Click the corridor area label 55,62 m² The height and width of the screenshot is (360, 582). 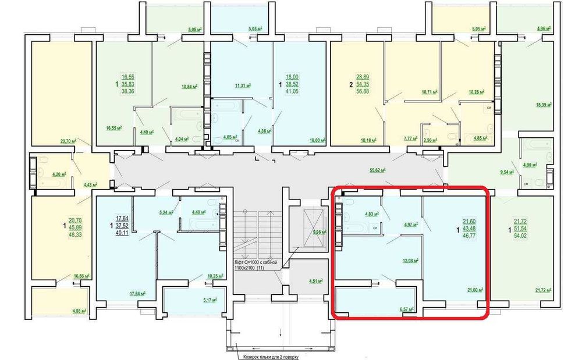point(379,170)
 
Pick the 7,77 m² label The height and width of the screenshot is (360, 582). point(411,140)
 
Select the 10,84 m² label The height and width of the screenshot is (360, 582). point(190,87)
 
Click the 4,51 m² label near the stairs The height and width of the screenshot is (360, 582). point(318,282)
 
